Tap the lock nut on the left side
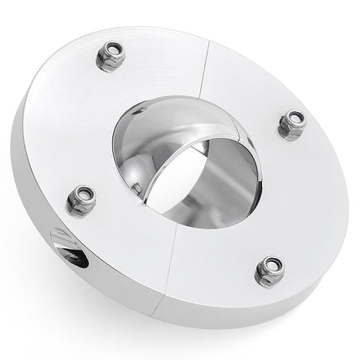coord(81,200)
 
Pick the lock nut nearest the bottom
coord(269,271)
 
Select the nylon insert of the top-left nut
coord(111,54)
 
